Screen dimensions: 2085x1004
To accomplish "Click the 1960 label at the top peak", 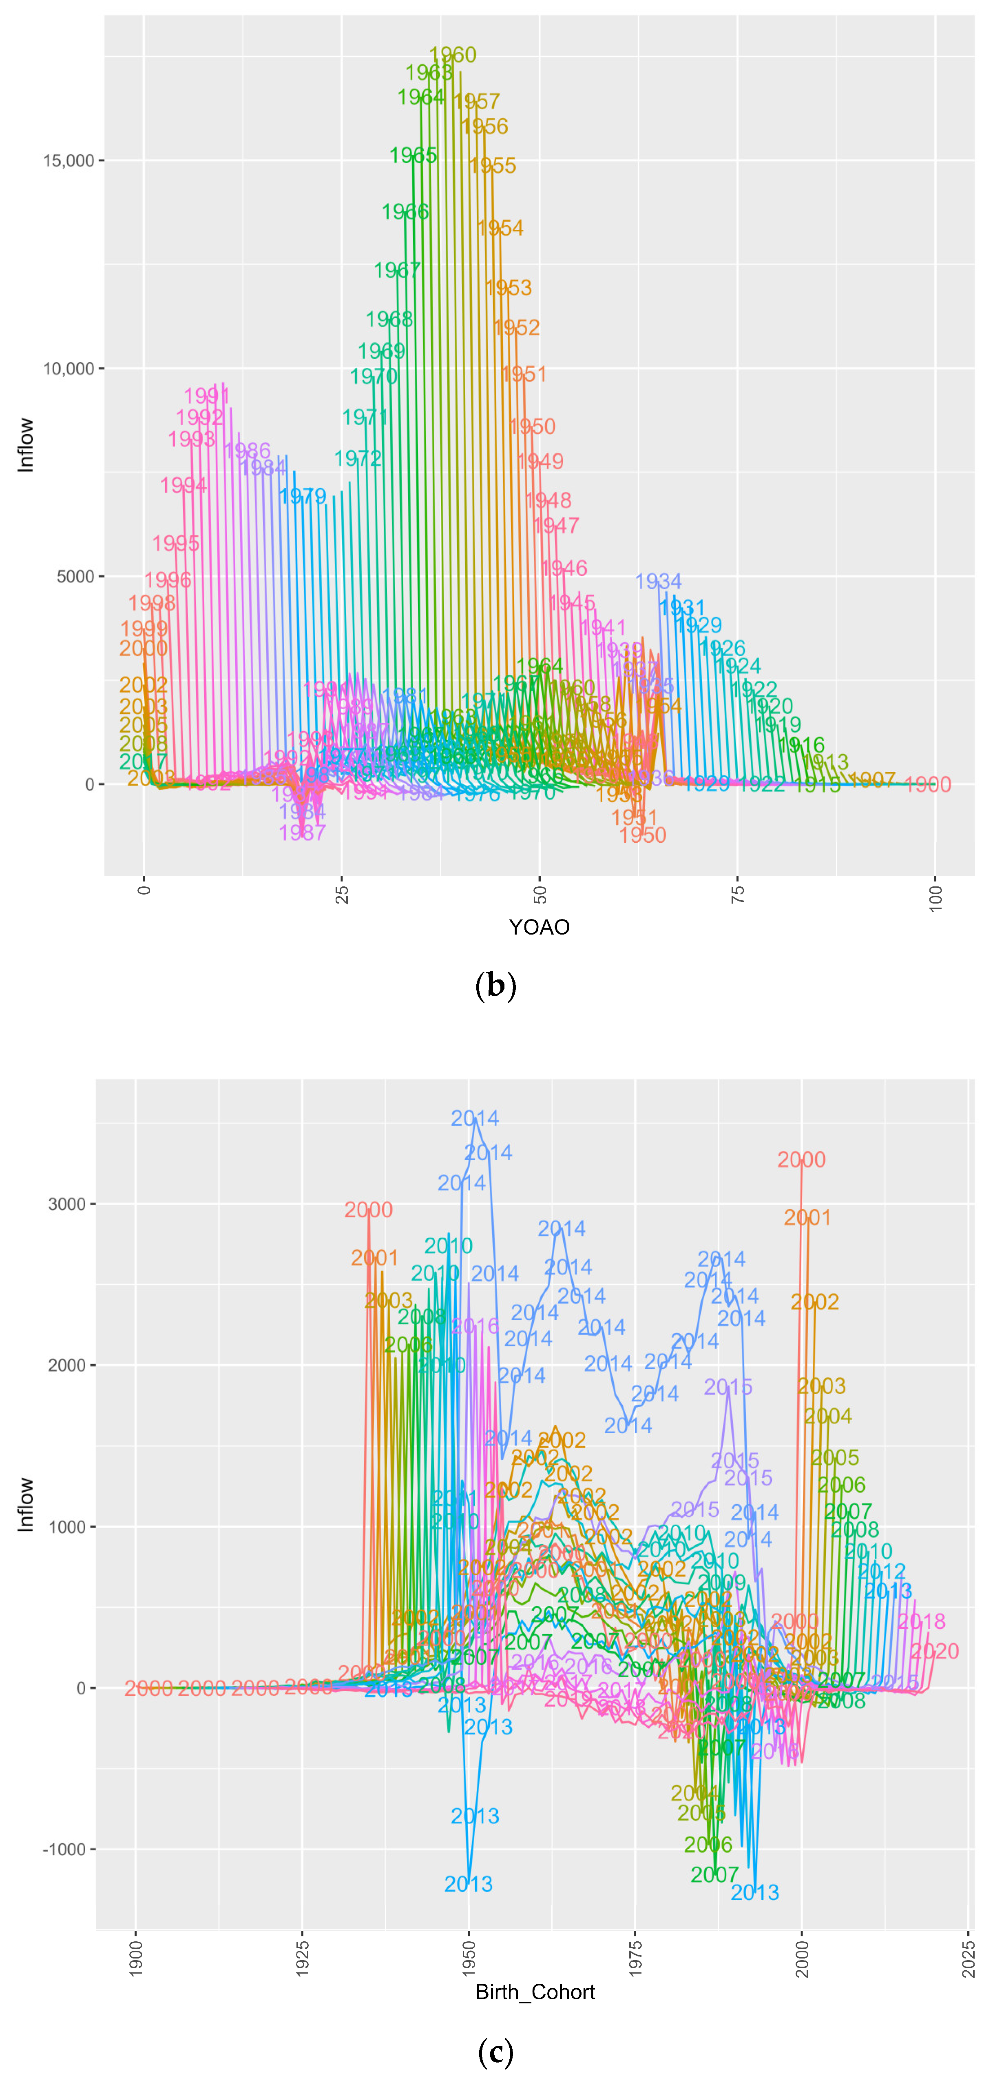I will point(452,55).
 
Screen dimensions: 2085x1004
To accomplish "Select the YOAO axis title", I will point(539,927).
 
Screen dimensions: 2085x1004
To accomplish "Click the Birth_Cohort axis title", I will point(535,1992).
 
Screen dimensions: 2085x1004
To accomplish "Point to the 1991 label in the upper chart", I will point(207,396).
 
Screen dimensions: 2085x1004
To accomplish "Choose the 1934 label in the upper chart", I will point(658,581).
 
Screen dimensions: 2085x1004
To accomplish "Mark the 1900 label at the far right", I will point(927,784).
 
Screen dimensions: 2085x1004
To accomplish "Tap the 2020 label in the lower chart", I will point(934,1651).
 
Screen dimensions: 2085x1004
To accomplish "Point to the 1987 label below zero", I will point(302,832).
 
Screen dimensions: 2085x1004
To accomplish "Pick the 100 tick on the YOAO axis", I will point(935,898).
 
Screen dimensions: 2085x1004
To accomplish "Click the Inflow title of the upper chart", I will point(26,444).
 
